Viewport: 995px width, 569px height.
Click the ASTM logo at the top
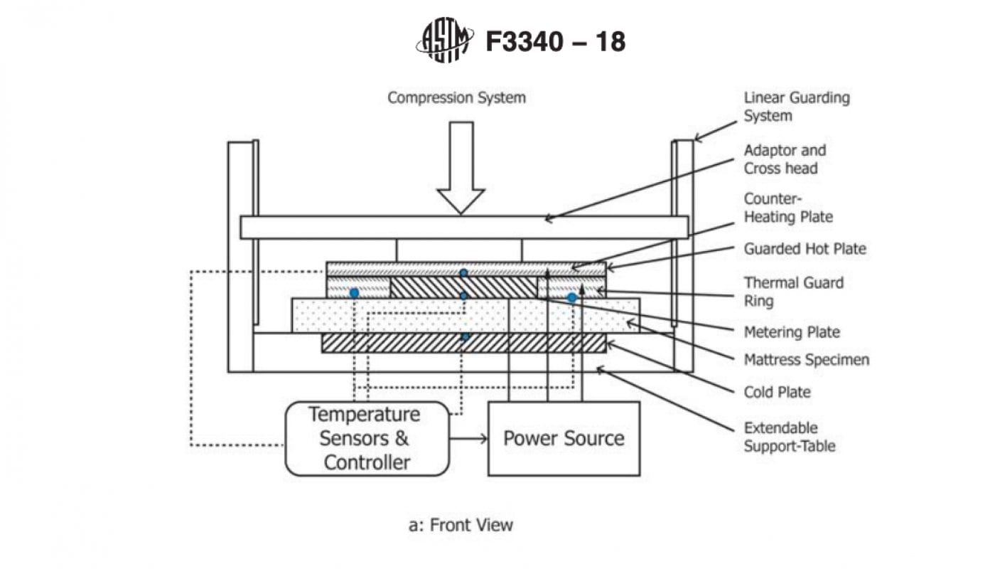(x=443, y=41)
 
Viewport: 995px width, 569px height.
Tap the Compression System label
(x=456, y=97)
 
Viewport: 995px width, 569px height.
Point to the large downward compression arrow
(x=461, y=168)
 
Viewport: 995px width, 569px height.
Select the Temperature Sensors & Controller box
(x=367, y=438)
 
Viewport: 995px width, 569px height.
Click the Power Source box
(x=564, y=438)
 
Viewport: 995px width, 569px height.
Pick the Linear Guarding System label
(x=796, y=106)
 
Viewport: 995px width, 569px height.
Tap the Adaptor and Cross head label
(x=785, y=159)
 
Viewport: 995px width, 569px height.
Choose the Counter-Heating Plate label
(x=787, y=207)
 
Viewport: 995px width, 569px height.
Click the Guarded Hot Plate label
(x=805, y=249)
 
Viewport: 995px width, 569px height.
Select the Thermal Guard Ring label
(x=793, y=292)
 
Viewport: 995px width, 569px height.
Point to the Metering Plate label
(x=791, y=332)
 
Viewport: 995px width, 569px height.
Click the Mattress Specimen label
(x=806, y=360)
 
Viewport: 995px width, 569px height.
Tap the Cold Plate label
(x=777, y=393)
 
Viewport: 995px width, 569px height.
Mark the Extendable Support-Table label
(x=789, y=437)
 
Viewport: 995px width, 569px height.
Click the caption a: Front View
(x=461, y=526)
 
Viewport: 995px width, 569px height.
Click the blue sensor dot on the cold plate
(x=465, y=336)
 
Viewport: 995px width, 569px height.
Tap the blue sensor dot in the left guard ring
(x=354, y=293)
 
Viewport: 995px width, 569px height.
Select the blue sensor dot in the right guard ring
(x=571, y=297)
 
